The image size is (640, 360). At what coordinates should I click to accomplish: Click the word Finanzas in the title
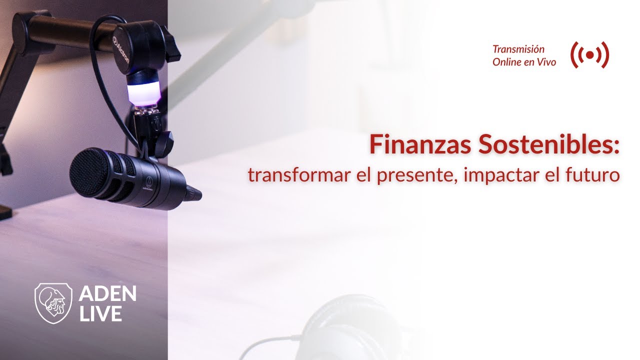[419, 144]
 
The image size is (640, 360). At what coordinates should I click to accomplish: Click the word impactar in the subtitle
[501, 175]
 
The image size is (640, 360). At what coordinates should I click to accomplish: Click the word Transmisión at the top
[518, 49]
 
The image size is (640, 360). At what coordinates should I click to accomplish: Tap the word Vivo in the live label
[545, 62]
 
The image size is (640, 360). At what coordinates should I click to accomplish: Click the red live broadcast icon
[589, 55]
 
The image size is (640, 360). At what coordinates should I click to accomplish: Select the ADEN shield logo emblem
[53, 303]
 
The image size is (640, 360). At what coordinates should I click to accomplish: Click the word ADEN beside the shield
[107, 293]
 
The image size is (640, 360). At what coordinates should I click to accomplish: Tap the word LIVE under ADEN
[100, 313]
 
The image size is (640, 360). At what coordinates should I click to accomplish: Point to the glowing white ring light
[143, 93]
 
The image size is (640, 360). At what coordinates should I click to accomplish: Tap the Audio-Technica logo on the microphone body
[148, 183]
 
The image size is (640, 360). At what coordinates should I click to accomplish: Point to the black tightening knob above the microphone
[165, 144]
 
